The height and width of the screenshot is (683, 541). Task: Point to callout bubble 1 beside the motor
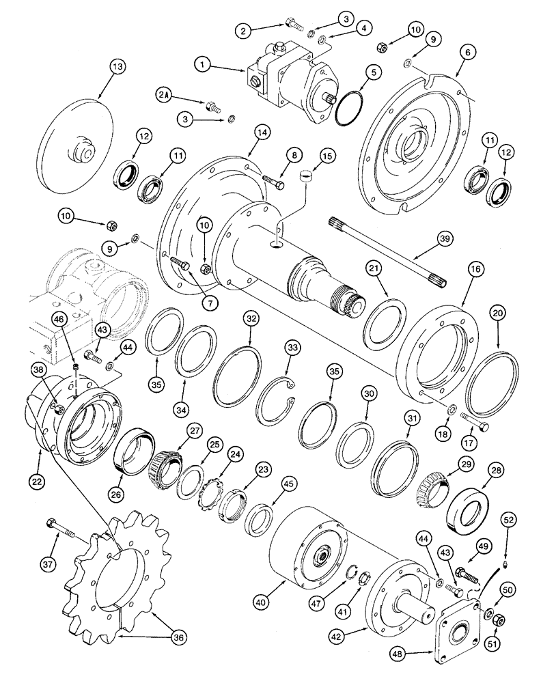[x=202, y=66]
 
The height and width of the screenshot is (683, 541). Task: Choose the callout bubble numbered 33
[x=292, y=347]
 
